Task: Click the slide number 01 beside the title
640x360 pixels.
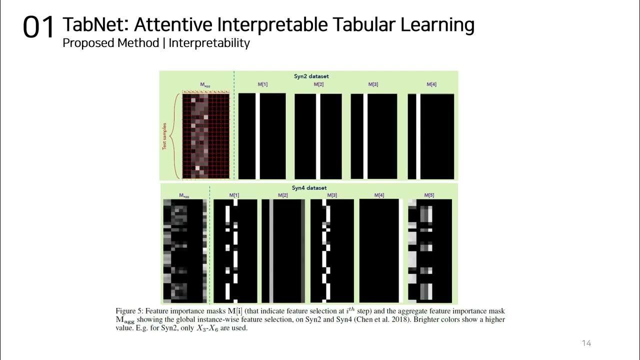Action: pos(38,27)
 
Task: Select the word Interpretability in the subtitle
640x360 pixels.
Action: pos(209,43)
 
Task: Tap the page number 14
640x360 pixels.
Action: pos(586,343)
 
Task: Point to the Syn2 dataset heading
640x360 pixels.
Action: pos(311,76)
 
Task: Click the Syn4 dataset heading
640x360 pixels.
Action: pos(309,188)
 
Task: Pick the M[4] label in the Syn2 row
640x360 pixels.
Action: pos(431,84)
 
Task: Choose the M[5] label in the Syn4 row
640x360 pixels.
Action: pos(429,195)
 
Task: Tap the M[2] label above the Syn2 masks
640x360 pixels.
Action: pos(318,84)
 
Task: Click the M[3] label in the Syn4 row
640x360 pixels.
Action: pos(331,195)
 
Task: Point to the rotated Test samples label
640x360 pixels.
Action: pos(164,136)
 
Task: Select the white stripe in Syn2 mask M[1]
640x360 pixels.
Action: pos(258,136)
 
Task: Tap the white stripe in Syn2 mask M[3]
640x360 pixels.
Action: pos(365,136)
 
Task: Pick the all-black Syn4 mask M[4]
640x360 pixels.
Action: pos(379,250)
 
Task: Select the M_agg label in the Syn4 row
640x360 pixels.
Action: pos(184,196)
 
